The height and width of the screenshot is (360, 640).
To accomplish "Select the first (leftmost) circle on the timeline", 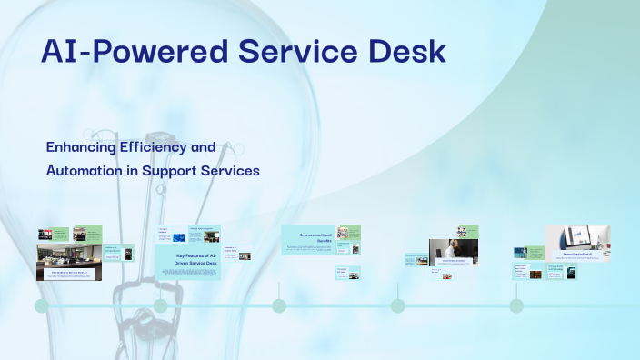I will (42, 306).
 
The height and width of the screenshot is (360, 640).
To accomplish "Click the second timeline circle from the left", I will (161, 306).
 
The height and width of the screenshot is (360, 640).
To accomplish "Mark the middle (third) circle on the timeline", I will (279, 306).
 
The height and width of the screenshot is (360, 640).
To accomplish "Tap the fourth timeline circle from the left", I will (397, 306).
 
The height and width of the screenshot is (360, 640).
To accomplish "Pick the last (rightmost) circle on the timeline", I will (516, 306).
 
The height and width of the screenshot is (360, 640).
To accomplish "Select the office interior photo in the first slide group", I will (68, 258).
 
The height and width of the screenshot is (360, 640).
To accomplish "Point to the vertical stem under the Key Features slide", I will (161, 289).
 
